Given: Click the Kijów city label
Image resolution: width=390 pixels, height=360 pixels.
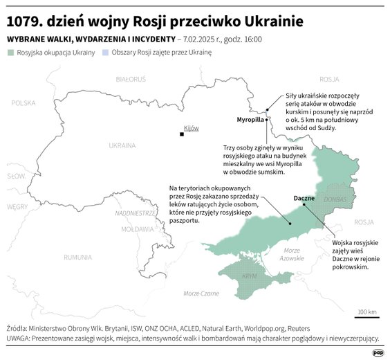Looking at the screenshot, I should pyautogui.click(x=191, y=129).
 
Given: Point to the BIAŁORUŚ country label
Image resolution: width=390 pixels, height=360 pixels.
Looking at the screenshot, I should pyautogui.click(x=130, y=80).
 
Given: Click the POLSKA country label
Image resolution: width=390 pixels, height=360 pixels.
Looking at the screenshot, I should pyautogui.click(x=23, y=102).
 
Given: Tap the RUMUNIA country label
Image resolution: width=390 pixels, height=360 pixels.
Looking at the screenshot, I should pyautogui.click(x=77, y=257).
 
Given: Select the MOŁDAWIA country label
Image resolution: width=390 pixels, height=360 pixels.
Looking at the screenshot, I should pyautogui.click(x=137, y=228).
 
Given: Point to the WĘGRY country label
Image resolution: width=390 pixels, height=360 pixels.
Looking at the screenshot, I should pyautogui.click(x=17, y=206).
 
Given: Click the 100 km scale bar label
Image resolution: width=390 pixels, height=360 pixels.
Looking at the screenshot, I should pyautogui.click(x=367, y=312).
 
